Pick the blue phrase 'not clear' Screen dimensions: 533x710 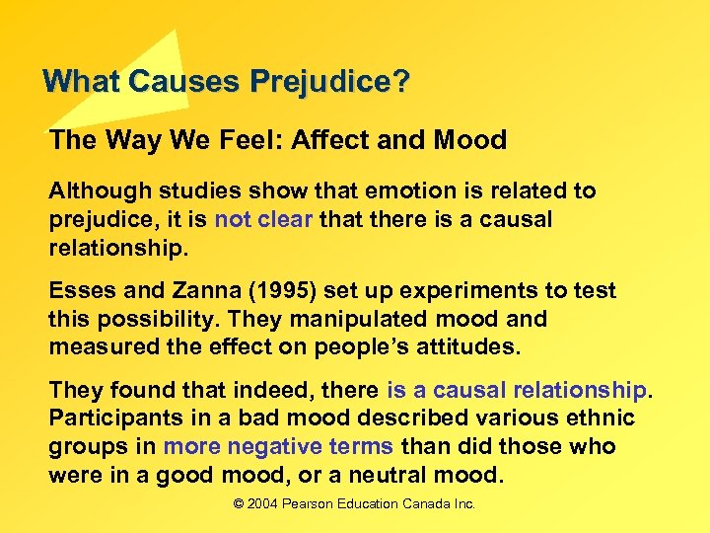(263, 219)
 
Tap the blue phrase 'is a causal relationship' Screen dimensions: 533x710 (517, 391)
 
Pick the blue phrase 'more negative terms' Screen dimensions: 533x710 (278, 447)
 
